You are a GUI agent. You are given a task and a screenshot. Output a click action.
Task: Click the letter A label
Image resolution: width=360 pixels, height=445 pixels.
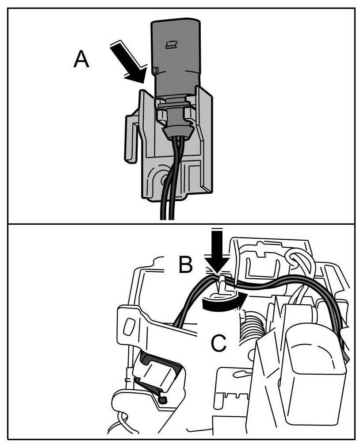click(81, 59)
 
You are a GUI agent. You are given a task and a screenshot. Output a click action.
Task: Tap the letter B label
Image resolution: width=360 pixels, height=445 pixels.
click(186, 265)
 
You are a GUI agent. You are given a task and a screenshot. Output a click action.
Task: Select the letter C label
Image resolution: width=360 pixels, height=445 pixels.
click(219, 343)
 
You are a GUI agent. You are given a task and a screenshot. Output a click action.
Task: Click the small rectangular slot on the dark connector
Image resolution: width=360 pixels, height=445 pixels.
click(169, 44)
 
